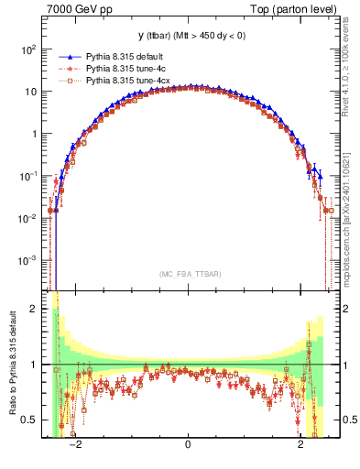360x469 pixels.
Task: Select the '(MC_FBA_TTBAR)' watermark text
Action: (188, 275)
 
